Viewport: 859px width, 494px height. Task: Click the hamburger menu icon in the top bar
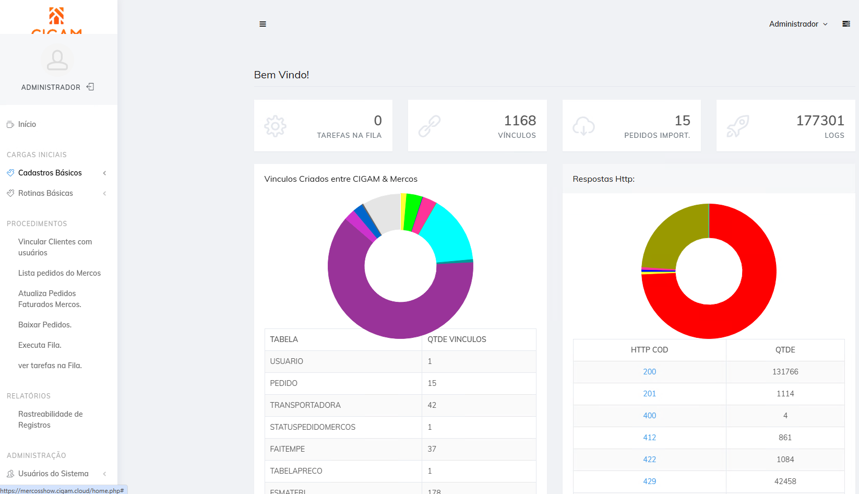[x=263, y=24]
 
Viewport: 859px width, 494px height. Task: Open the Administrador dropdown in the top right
[x=798, y=24]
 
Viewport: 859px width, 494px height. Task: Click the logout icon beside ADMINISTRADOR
[x=90, y=87]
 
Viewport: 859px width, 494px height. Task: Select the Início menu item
[x=27, y=124]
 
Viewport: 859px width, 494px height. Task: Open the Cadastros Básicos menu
[x=50, y=173]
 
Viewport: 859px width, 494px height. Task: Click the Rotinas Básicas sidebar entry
[x=45, y=193]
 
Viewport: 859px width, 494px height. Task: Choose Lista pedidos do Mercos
[x=59, y=273]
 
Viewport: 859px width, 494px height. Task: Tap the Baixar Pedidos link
[x=45, y=325]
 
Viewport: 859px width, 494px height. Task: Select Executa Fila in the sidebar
[x=40, y=345]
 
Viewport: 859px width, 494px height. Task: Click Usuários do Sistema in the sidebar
[x=53, y=474]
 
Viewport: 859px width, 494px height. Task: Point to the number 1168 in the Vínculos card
[x=520, y=121]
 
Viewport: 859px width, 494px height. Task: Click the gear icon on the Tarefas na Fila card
[x=276, y=126]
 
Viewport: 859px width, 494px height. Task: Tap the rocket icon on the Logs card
[x=738, y=126]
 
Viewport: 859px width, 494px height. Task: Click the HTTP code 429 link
[x=649, y=481]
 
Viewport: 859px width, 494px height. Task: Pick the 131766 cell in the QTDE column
[x=785, y=372]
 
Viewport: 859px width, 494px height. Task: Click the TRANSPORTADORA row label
[x=305, y=405]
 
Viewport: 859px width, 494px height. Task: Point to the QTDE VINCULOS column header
[x=457, y=339]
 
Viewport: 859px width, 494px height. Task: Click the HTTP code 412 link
[x=649, y=438]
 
